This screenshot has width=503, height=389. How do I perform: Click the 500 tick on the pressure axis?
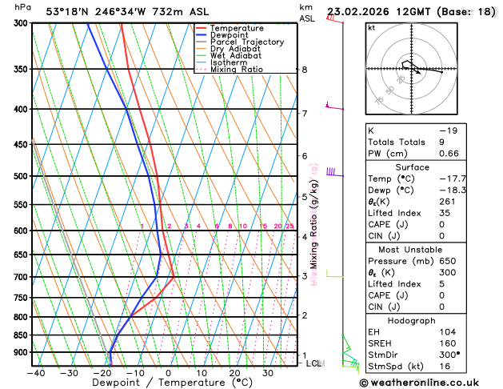pos(18,176)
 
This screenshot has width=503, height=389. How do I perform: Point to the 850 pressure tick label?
pos(18,335)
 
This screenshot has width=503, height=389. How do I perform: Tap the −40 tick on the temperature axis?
pos(35,372)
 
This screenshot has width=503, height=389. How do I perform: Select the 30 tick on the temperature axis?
pos(268,372)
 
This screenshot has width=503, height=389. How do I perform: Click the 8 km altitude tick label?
pos(304,70)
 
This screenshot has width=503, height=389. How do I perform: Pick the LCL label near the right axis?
pos(314,363)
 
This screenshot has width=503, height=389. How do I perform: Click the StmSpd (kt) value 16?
pos(444,367)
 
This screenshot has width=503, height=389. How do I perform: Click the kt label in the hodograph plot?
pos(371,27)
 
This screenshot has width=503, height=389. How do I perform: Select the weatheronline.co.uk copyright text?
pos(429,383)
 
